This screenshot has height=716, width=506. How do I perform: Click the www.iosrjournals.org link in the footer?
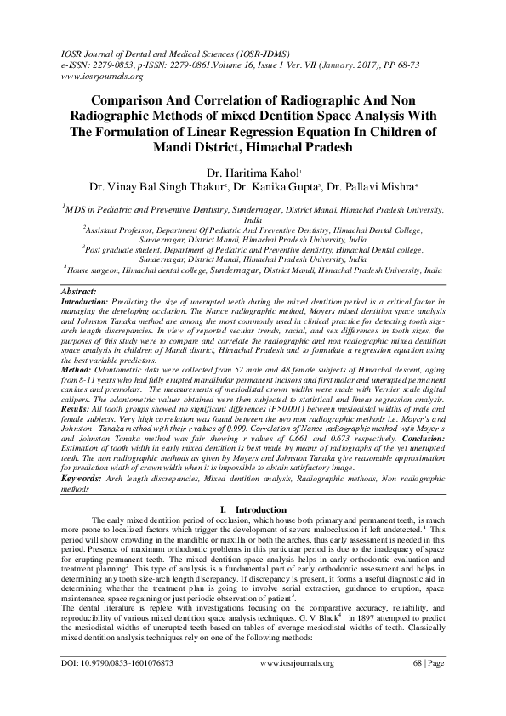[x=296, y=685]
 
